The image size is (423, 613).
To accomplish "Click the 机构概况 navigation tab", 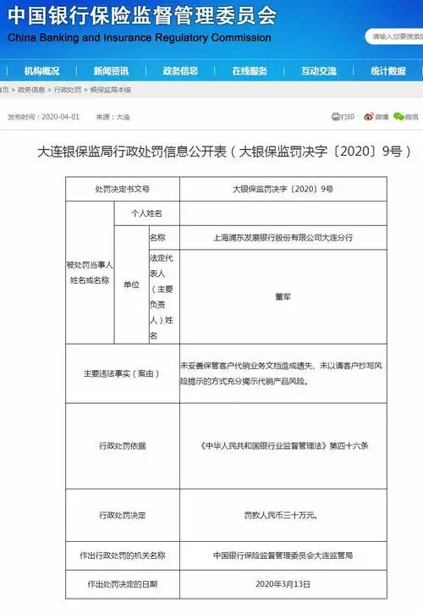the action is click(41, 71).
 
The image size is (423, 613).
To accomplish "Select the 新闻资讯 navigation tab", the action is click(111, 71).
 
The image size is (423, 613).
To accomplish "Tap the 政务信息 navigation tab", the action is click(180, 71).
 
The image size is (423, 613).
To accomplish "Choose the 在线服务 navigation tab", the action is click(250, 71).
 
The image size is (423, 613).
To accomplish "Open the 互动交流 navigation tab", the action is click(319, 71).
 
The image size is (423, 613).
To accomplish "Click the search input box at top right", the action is click(394, 37).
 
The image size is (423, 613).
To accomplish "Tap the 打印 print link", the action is click(343, 117).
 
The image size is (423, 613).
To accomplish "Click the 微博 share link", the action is click(376, 117).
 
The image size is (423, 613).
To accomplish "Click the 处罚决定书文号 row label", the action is click(122, 189).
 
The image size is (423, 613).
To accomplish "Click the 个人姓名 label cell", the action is click(146, 213).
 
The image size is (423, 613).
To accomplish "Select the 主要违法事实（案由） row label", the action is click(122, 373).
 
